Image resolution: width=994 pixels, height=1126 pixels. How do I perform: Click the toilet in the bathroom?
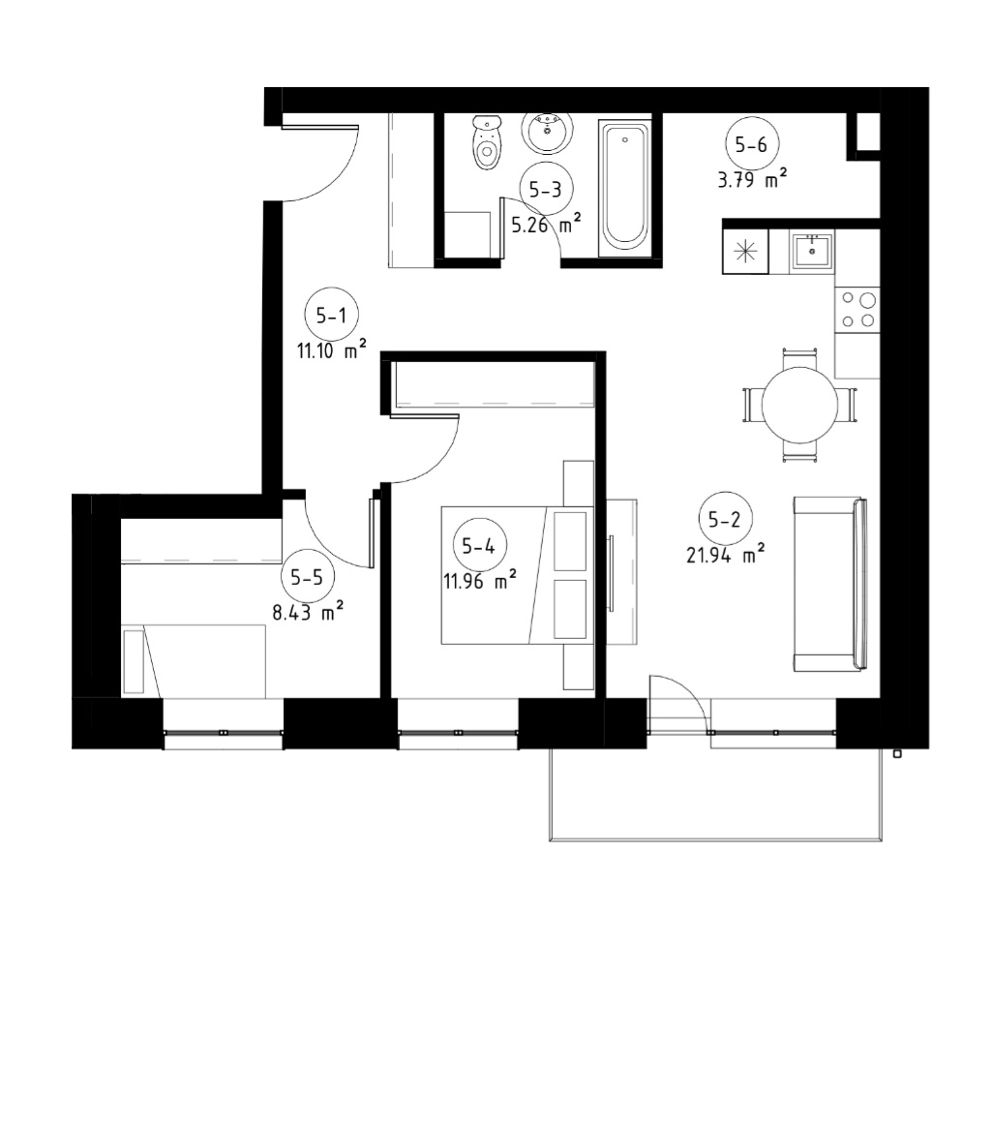click(487, 142)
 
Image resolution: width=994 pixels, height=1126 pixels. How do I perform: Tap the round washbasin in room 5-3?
click(547, 132)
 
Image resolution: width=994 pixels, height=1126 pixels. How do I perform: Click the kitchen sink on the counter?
click(812, 252)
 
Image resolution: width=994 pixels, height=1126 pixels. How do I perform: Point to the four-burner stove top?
click(858, 310)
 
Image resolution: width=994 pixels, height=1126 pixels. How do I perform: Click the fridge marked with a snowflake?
click(745, 252)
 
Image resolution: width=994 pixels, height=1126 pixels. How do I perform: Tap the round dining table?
click(799, 405)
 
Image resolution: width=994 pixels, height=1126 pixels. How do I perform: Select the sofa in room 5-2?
click(830, 584)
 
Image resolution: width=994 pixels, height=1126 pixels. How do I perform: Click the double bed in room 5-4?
click(518, 575)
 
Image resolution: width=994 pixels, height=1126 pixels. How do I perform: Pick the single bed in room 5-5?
click(194, 660)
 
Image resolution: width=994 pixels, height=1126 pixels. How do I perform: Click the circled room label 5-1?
click(332, 315)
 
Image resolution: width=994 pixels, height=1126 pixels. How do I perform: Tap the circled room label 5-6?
click(751, 144)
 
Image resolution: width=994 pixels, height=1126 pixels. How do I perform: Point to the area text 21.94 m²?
click(725, 554)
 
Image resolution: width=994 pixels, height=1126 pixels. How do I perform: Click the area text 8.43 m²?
click(307, 611)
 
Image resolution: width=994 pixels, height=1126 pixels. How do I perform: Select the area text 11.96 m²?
click(480, 580)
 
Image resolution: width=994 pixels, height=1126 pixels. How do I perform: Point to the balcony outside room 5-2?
click(715, 794)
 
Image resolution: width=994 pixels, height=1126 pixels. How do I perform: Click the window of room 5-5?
click(224, 733)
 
